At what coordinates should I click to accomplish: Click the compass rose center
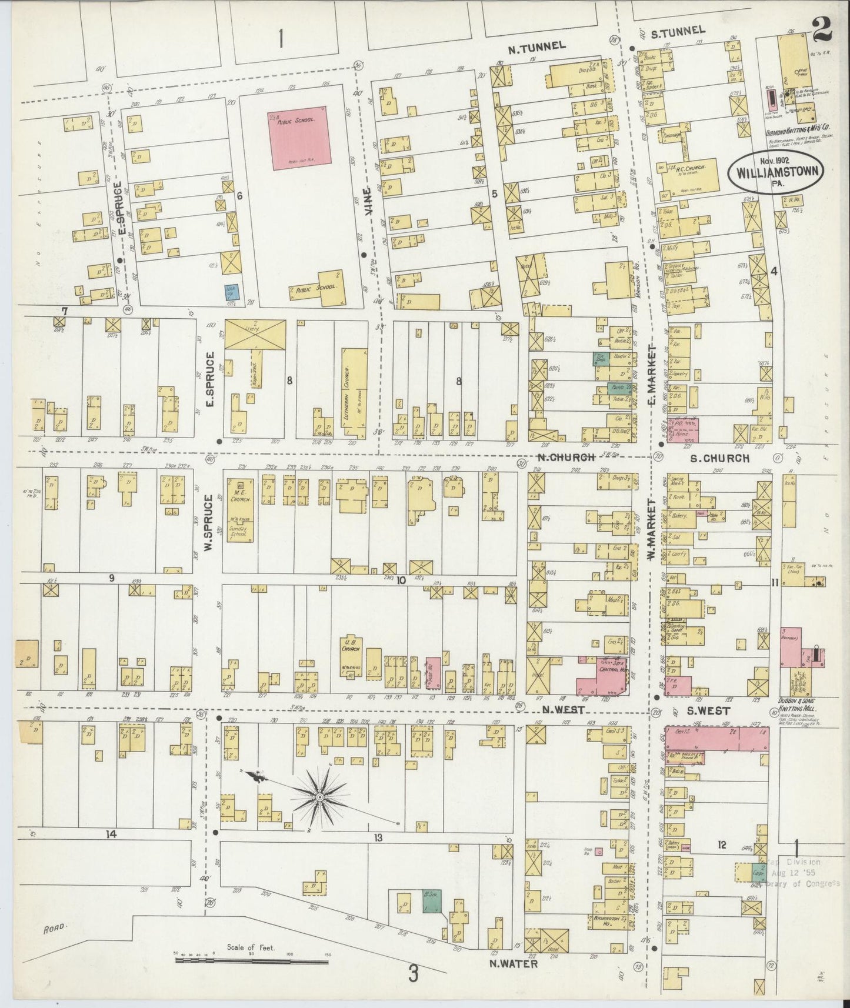tap(319, 797)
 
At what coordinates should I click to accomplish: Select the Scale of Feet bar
tap(252, 959)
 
